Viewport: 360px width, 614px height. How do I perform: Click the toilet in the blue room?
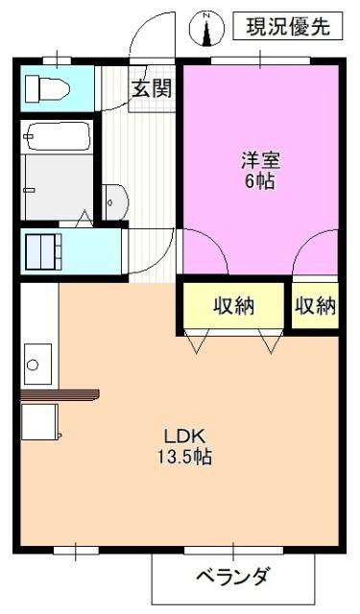47,90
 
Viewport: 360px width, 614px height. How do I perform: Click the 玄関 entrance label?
151,90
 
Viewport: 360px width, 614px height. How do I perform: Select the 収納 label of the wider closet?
232,307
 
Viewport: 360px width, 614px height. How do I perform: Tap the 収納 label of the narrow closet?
315,307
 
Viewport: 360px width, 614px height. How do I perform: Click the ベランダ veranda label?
233,578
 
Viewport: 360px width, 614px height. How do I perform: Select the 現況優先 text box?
287,26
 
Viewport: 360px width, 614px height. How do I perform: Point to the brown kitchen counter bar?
60,392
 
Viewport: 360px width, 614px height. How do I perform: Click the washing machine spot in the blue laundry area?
43,251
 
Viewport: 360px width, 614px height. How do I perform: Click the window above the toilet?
58,60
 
